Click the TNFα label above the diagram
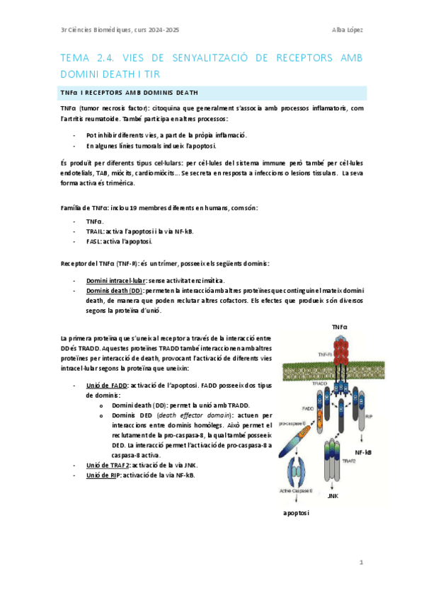tap(340, 327)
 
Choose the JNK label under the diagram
tap(333, 495)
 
